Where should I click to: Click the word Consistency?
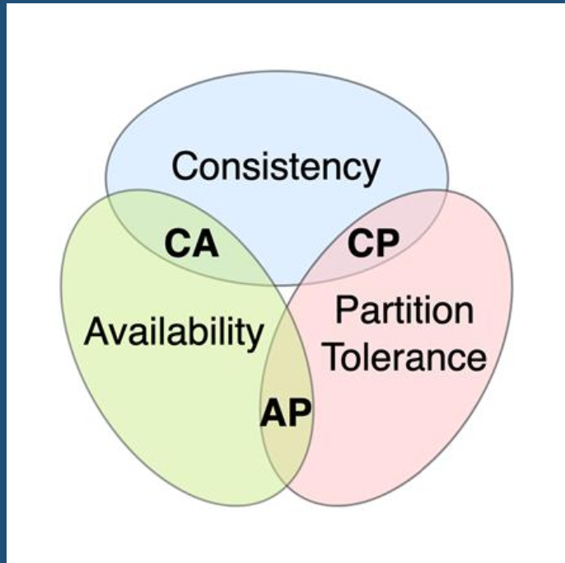click(276, 167)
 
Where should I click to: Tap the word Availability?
click(174, 333)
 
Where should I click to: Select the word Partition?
click(405, 312)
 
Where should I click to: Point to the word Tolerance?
click(404, 357)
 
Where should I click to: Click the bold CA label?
click(192, 244)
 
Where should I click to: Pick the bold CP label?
click(372, 244)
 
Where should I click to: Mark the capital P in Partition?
click(344, 312)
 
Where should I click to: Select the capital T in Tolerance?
click(332, 357)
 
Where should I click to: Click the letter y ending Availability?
click(254, 337)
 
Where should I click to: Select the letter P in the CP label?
click(386, 244)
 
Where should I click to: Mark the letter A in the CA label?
click(206, 244)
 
